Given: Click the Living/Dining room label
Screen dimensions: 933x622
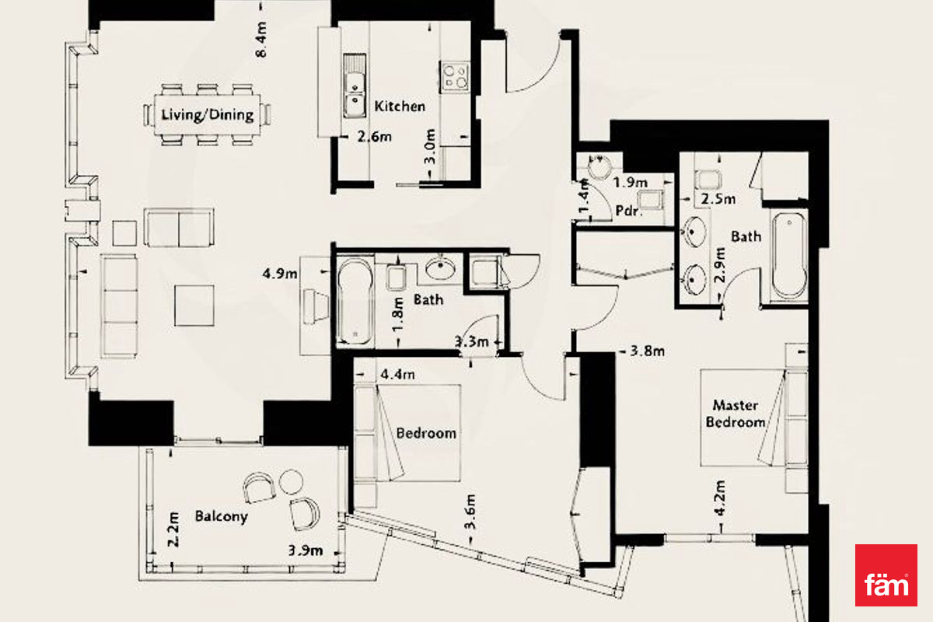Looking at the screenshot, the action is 208,115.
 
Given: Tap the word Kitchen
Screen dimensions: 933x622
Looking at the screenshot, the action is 400,107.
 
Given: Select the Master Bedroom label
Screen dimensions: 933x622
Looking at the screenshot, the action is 736,414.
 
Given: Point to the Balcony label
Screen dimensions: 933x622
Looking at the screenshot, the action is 221,516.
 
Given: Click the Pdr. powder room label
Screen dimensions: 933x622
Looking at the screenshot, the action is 629,211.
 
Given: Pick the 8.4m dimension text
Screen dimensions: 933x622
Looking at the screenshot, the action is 261,39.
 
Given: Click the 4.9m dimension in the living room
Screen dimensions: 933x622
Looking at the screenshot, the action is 280,274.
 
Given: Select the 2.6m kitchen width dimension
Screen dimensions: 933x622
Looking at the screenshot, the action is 375,137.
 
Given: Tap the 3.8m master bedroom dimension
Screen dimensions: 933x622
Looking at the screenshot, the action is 647,351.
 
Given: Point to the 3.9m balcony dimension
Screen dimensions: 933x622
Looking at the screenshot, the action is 306,550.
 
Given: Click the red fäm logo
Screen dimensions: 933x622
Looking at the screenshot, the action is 886,575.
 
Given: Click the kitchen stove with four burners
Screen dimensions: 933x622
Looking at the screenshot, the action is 455,78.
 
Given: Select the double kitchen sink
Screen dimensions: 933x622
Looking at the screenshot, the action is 355,86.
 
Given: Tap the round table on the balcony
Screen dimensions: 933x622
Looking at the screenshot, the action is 291,481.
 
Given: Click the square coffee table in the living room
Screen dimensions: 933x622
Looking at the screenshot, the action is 194,306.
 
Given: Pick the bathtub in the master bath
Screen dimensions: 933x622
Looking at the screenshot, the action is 789,255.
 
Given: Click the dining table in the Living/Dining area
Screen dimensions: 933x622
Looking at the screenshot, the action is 208,114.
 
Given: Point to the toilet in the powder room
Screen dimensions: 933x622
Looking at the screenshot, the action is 650,200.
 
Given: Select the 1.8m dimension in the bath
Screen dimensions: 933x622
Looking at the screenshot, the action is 398,315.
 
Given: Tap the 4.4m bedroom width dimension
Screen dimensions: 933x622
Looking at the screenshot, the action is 398,375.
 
